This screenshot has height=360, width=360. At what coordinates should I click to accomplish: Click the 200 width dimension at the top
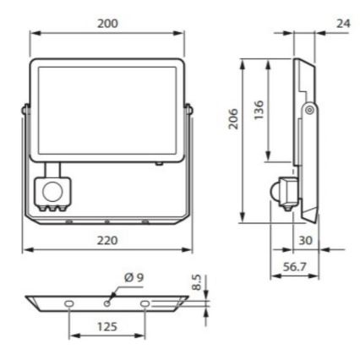tap(107, 24)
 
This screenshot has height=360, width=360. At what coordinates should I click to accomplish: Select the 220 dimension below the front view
tap(107, 241)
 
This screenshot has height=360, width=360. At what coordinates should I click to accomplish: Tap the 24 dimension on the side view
tap(341, 24)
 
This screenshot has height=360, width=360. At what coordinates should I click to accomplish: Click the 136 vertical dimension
tap(259, 110)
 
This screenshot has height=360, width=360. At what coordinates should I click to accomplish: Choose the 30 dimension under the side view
tap(306, 241)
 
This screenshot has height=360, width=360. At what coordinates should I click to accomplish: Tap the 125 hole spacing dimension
tap(107, 325)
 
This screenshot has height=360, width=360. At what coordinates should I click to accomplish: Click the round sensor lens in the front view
tap(53, 188)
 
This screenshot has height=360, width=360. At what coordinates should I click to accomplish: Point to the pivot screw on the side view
tap(310, 109)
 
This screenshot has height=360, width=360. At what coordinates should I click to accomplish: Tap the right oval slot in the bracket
tap(145, 302)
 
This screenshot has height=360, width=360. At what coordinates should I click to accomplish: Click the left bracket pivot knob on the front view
tap(25, 107)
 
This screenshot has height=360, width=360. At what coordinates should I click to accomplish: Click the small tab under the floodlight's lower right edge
tap(157, 164)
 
